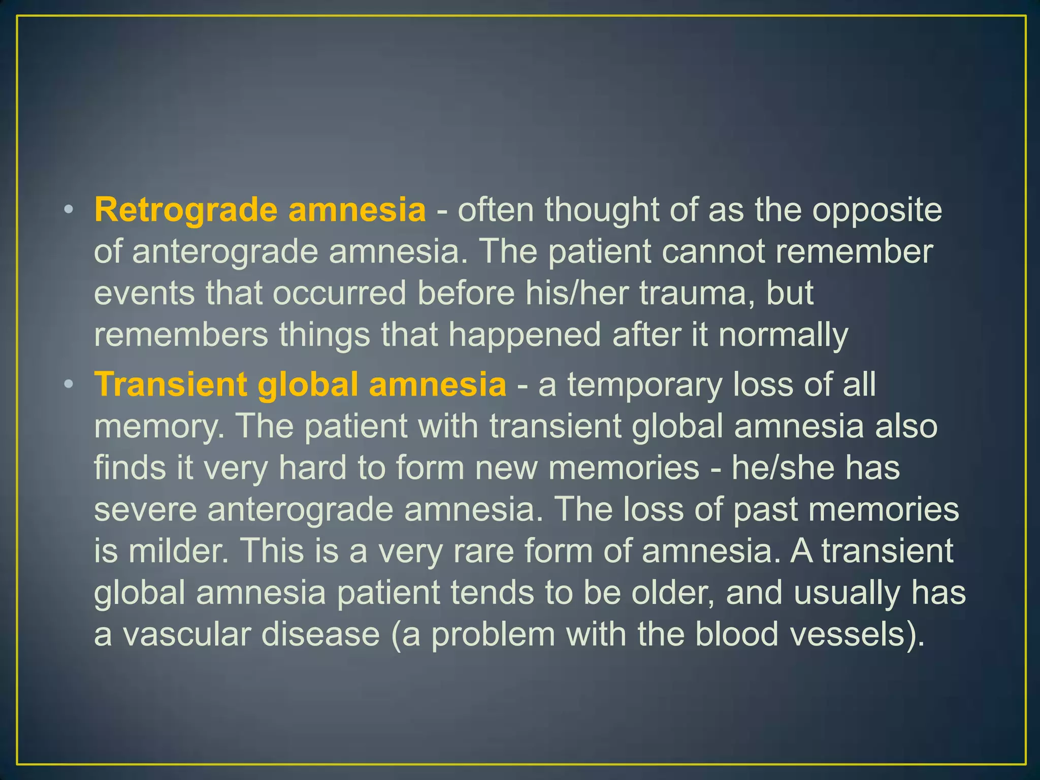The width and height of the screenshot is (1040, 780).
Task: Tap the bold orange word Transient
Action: (171, 384)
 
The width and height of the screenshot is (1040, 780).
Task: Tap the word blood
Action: (736, 635)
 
